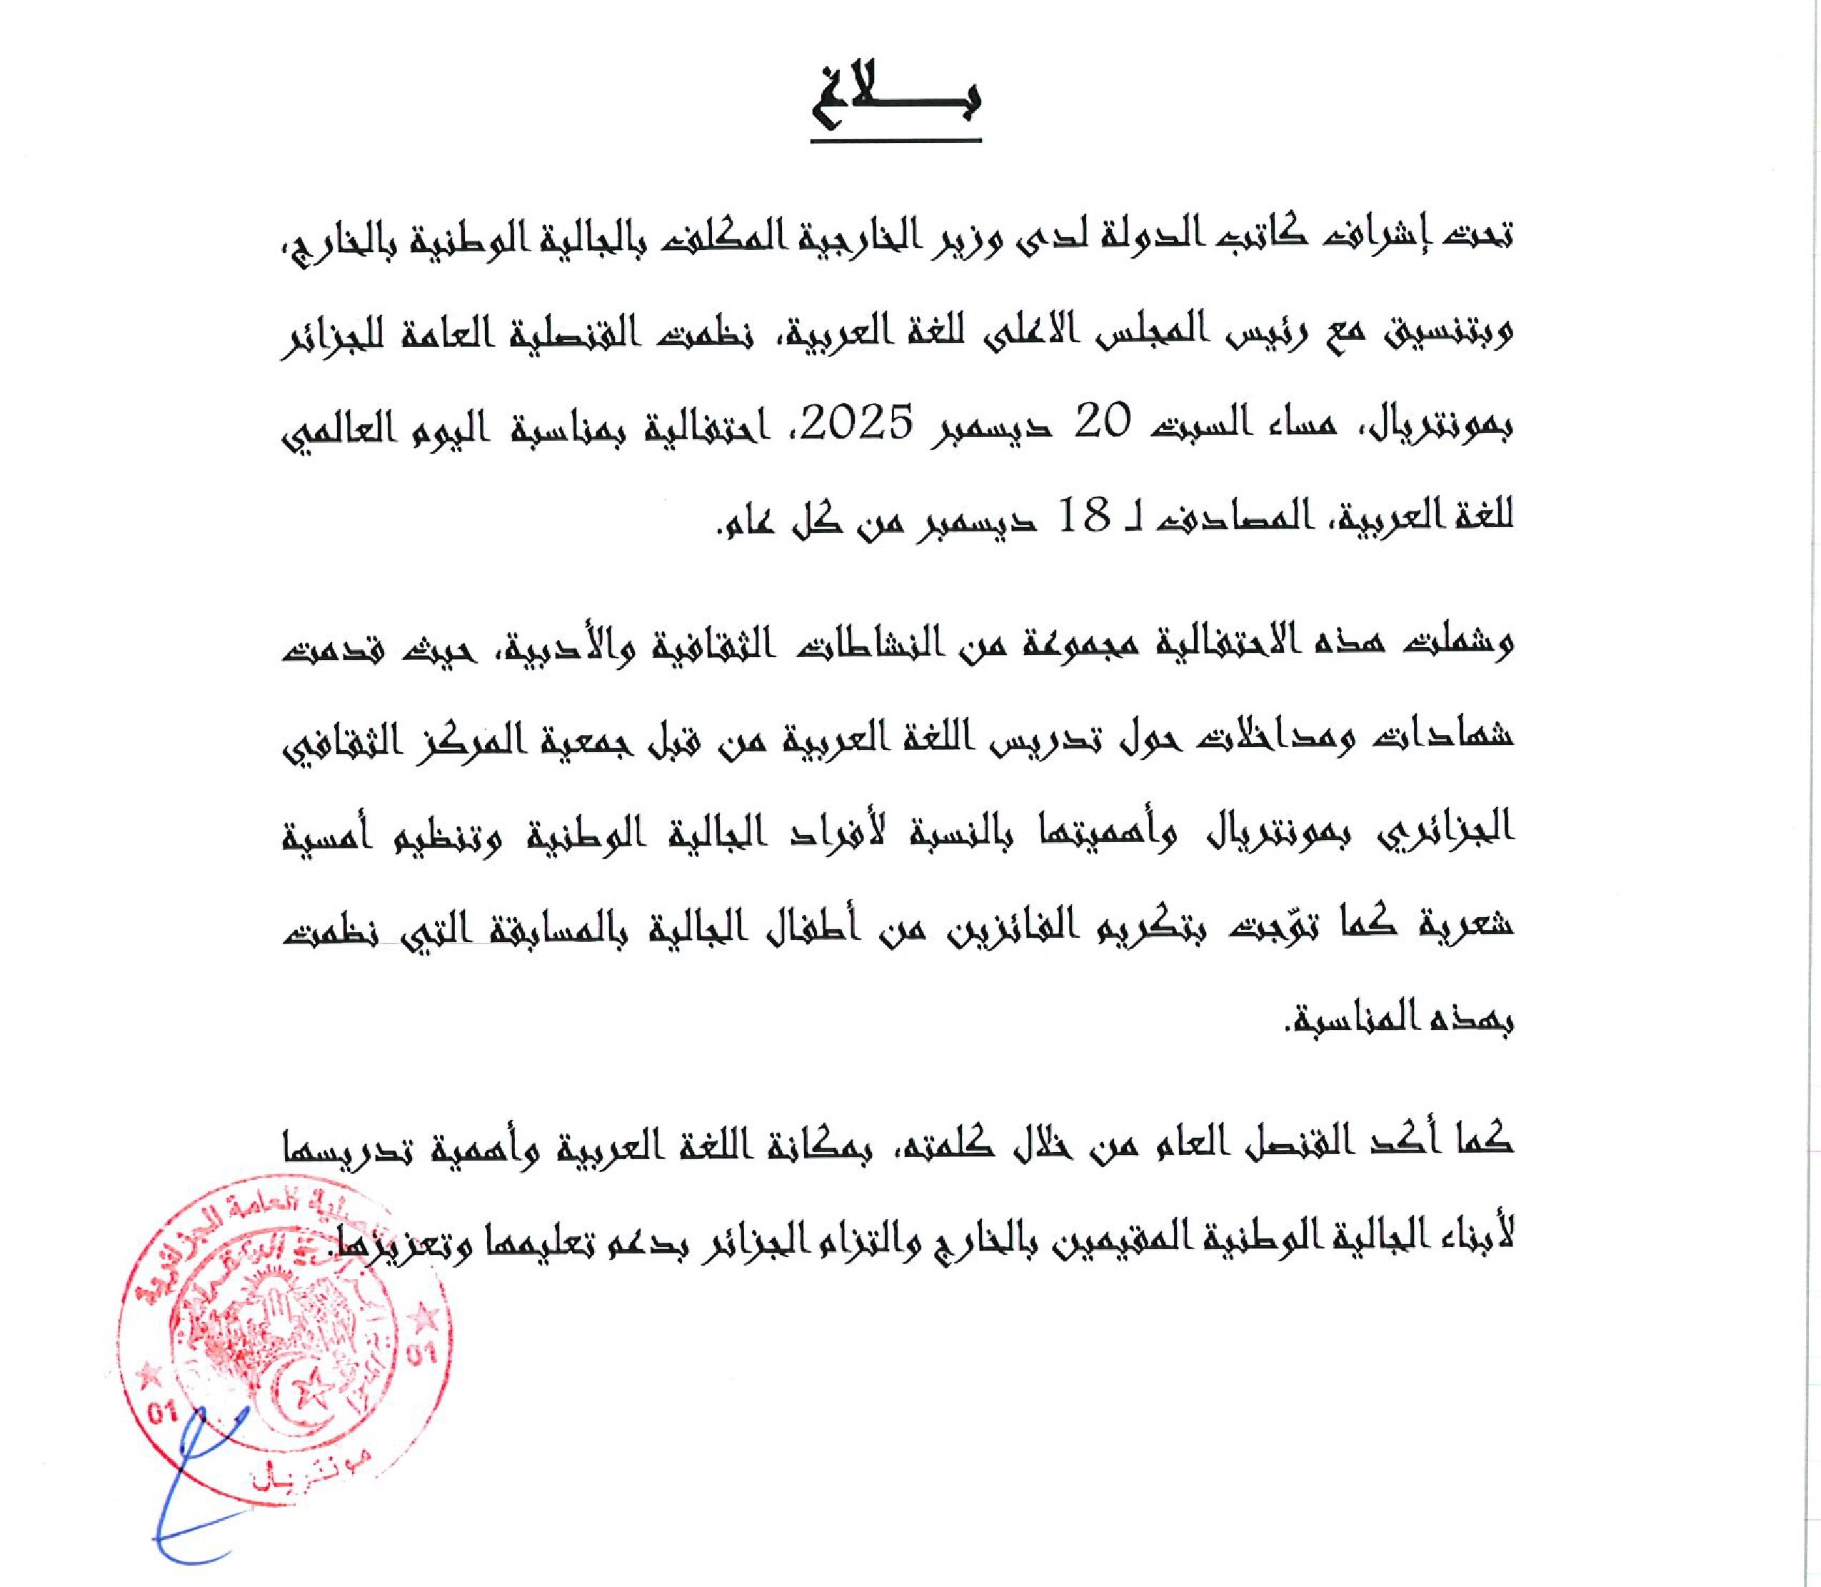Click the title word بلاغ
[x=894, y=103]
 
